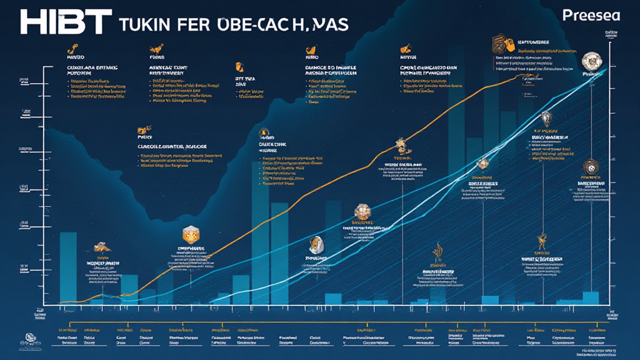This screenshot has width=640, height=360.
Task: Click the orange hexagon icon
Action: tap(189, 235)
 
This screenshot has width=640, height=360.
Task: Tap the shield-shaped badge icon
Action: tap(546, 117)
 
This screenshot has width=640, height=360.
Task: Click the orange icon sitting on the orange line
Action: tap(401, 146)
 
